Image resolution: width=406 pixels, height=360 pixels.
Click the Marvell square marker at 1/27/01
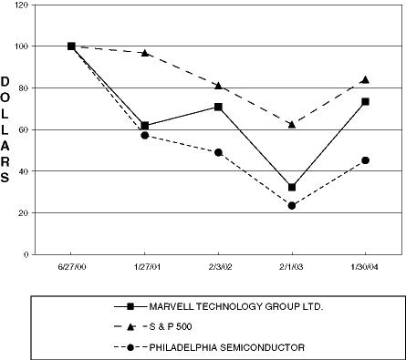pyautogui.click(x=144, y=126)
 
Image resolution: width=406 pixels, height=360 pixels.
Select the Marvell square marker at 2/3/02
pyautogui.click(x=218, y=107)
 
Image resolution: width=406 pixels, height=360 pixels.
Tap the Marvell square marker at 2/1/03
pyautogui.click(x=292, y=187)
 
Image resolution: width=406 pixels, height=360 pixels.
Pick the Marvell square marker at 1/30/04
pyautogui.click(x=365, y=101)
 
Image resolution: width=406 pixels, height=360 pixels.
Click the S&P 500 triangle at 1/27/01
pyautogui.click(x=144, y=53)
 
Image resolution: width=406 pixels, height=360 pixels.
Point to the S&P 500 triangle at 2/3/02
pyautogui.click(x=218, y=86)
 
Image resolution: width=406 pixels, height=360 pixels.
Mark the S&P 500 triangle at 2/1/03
pyautogui.click(x=292, y=124)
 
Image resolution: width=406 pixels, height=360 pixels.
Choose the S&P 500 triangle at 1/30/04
pyautogui.click(x=365, y=80)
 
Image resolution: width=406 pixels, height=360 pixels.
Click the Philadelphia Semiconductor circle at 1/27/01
pyautogui.click(x=144, y=135)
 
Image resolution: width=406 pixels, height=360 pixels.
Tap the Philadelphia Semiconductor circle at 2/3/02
pyautogui.click(x=218, y=152)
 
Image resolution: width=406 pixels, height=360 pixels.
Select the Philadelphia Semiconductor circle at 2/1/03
pyautogui.click(x=292, y=205)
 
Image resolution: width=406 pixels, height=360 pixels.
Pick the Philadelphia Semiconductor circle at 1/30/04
pyautogui.click(x=365, y=160)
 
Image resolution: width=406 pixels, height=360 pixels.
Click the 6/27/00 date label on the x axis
pyautogui.click(x=71, y=266)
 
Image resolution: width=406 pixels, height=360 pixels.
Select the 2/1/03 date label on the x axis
pyautogui.click(x=292, y=266)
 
